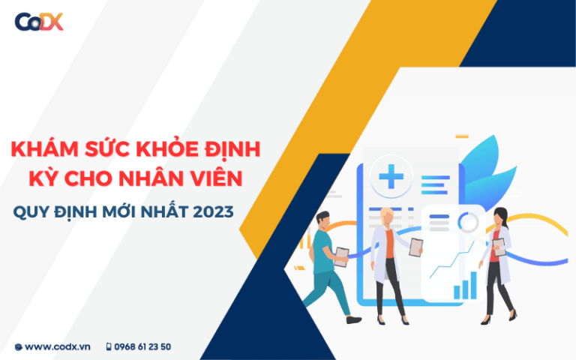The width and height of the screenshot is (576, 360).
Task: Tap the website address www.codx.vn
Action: click(x=54, y=346)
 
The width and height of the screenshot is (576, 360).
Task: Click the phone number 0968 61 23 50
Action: click(x=142, y=346)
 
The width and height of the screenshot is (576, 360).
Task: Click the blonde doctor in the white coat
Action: click(x=388, y=255)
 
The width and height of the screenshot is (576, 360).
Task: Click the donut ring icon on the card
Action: click(x=469, y=222)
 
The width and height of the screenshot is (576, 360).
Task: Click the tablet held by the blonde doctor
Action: click(x=415, y=247)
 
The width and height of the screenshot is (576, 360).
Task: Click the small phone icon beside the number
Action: click(x=109, y=346)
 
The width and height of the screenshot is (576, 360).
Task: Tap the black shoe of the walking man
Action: click(x=353, y=320)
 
